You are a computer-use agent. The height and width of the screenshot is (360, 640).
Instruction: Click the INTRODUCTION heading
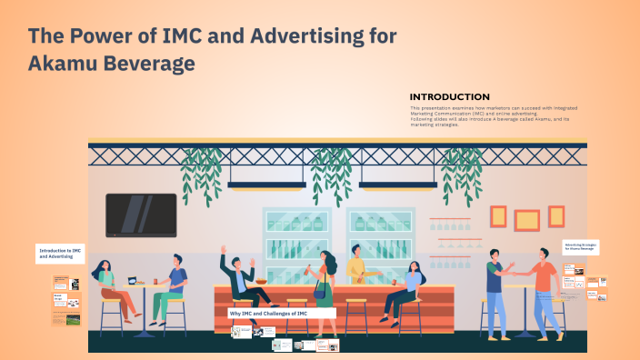[449, 97]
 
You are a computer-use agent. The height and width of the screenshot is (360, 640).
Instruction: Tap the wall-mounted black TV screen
[141, 215]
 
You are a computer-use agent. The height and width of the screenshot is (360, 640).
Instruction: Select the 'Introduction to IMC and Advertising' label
[60, 252]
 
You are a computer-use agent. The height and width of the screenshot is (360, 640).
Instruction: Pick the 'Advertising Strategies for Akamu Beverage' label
[581, 246]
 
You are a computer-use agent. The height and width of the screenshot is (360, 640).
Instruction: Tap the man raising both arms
[238, 277]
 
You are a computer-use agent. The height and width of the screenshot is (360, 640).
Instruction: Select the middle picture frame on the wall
[525, 219]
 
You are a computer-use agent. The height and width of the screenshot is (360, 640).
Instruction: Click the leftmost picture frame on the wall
[498, 216]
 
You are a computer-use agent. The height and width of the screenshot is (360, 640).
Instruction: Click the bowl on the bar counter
[261, 282]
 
